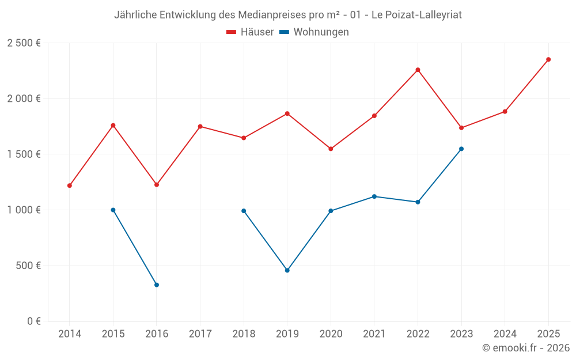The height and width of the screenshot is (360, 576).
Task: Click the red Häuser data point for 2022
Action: pyautogui.click(x=418, y=70)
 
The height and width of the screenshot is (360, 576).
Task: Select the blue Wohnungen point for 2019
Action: pyautogui.click(x=287, y=270)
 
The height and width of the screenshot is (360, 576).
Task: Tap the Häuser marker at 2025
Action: pyautogui.click(x=548, y=59)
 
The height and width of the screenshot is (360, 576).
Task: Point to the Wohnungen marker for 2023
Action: pyautogui.click(x=461, y=149)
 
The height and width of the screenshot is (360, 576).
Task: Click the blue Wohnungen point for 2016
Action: pyautogui.click(x=157, y=285)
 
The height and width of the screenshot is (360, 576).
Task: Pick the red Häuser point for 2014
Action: pyautogui.click(x=70, y=185)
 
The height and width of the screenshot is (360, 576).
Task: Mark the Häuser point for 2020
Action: pyautogui.click(x=331, y=149)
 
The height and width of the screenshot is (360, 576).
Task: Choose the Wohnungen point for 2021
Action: pyautogui.click(x=374, y=196)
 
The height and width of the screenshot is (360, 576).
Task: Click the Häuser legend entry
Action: pyautogui.click(x=250, y=32)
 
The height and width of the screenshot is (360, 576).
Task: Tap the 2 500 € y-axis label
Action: pyautogui.click(x=24, y=43)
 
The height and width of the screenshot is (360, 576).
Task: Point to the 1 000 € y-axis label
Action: pyautogui.click(x=24, y=210)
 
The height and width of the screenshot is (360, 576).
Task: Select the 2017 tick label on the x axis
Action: pyautogui.click(x=200, y=334)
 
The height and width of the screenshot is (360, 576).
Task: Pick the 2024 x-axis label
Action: pyautogui.click(x=505, y=334)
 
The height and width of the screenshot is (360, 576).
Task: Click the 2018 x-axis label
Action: pyautogui.click(x=244, y=334)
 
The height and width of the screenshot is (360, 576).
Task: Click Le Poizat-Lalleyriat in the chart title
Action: pyautogui.click(x=416, y=15)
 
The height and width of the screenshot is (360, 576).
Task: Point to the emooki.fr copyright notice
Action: pyautogui.click(x=526, y=348)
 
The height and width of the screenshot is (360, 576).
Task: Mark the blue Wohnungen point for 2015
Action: pyautogui.click(x=113, y=210)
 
